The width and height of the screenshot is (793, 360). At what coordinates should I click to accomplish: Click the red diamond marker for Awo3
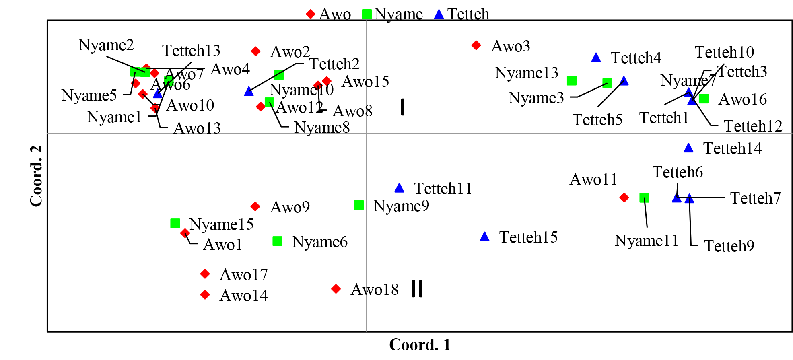[476, 45]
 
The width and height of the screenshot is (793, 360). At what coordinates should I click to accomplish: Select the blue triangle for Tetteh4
[596, 58]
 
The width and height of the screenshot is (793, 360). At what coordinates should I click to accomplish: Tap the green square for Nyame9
[359, 205]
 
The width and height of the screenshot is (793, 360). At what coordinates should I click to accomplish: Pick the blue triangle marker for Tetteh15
[484, 237]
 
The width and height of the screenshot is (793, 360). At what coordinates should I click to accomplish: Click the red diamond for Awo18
[336, 289]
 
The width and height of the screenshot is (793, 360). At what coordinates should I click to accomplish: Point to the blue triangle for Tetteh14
[688, 148]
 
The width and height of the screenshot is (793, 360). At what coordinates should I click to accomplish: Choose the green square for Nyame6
[277, 241]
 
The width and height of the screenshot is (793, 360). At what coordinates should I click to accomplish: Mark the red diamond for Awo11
[624, 197]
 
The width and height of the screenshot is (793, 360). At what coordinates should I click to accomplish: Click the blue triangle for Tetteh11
[399, 188]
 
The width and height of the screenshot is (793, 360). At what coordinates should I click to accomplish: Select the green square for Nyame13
[571, 81]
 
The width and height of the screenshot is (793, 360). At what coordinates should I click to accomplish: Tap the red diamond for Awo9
[255, 206]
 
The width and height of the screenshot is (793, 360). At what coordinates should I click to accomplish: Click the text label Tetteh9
[729, 246]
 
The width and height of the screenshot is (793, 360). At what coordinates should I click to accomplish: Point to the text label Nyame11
[647, 241]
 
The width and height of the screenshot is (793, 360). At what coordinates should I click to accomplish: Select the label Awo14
[243, 296]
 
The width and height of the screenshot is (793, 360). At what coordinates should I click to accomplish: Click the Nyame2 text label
[106, 45]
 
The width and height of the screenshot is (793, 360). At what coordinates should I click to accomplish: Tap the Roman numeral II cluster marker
[417, 289]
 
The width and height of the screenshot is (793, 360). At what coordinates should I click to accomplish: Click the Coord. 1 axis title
[420, 345]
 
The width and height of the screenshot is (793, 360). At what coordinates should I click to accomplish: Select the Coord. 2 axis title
[36, 176]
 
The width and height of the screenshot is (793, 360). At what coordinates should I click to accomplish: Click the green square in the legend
[367, 14]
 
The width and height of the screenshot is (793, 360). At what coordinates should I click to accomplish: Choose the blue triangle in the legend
[439, 14]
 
